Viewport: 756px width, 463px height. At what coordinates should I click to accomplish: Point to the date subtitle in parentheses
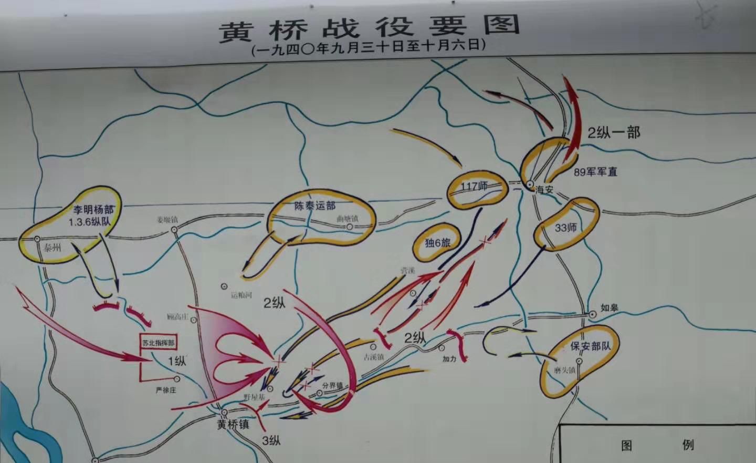369,47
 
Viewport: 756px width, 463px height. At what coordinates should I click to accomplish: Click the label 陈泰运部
314,205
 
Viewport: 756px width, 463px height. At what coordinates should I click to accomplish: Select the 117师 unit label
474,187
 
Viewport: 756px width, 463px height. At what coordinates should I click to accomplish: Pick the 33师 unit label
565,228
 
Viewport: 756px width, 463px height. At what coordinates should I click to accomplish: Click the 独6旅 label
437,243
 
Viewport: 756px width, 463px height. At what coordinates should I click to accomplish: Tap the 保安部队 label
591,346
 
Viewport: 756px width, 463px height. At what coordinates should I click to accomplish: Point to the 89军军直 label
595,172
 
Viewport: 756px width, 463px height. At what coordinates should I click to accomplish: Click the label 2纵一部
614,132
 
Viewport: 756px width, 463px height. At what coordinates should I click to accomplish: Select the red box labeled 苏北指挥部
158,343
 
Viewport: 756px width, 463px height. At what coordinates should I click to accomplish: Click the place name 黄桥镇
233,424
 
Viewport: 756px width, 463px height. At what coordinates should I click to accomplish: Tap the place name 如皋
610,308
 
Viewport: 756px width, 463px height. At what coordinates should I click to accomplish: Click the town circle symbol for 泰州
37,239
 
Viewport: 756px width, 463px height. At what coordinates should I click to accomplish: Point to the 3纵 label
271,440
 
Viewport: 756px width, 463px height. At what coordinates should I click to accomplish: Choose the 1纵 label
176,361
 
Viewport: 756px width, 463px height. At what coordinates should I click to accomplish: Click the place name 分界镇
332,386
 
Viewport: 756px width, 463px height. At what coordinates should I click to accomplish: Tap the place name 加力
449,359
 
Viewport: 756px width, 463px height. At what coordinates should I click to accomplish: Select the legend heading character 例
688,445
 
